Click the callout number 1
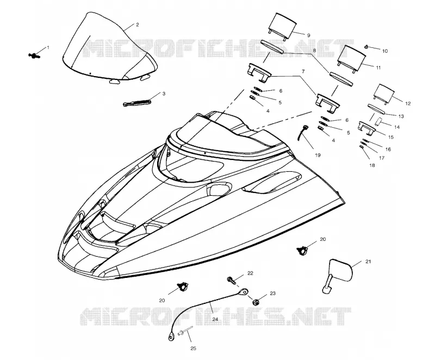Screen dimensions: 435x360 tap(48, 48)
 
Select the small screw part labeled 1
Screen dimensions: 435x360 tap(34, 56)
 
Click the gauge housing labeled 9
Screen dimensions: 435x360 tap(282, 26)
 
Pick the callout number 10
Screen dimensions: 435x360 tap(385, 51)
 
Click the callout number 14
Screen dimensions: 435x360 tap(397, 127)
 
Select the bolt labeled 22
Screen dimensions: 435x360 tap(232, 281)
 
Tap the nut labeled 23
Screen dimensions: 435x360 tap(256, 301)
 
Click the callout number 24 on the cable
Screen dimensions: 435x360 tap(215, 319)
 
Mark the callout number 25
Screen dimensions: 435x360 tap(194, 349)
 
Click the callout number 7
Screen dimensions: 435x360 tap(303, 72)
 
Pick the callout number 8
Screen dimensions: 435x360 tap(314, 51)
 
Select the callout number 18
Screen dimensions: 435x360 tap(372, 165)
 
